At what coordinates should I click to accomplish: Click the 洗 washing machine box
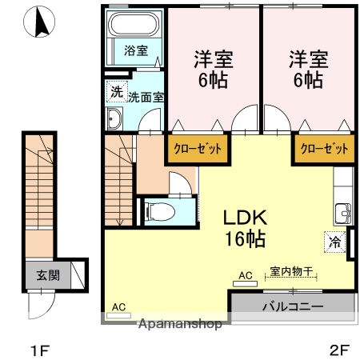(117, 92)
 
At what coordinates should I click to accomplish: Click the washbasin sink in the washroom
(114, 121)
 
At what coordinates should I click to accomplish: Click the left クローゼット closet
(197, 149)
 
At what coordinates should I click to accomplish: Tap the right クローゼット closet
(324, 149)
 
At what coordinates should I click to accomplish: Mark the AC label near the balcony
(245, 275)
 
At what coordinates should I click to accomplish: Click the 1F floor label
(40, 349)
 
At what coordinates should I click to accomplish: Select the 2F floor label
(341, 349)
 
